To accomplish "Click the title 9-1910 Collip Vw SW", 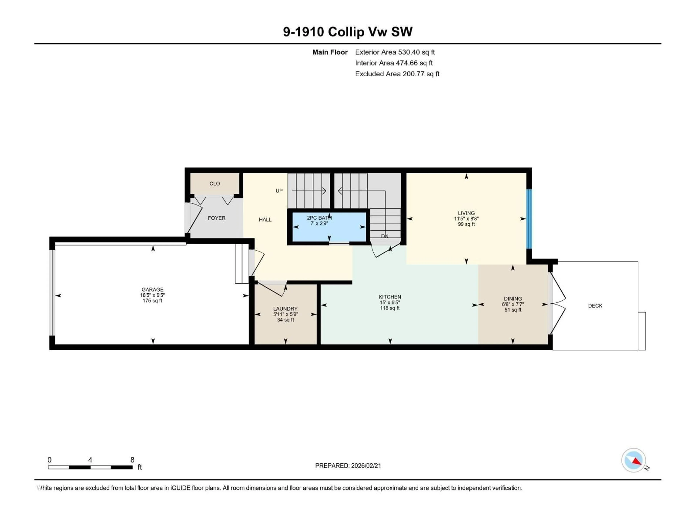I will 347,32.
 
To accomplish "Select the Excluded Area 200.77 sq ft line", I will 397,74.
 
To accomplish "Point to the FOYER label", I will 216,218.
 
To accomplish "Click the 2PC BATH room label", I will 319,218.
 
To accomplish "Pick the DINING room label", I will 513,299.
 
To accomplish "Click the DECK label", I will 595,306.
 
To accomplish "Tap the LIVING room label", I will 466,213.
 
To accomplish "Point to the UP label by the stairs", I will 279,191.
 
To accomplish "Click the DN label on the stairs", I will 384,236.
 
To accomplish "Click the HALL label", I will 265,220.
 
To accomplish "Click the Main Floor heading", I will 330,52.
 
